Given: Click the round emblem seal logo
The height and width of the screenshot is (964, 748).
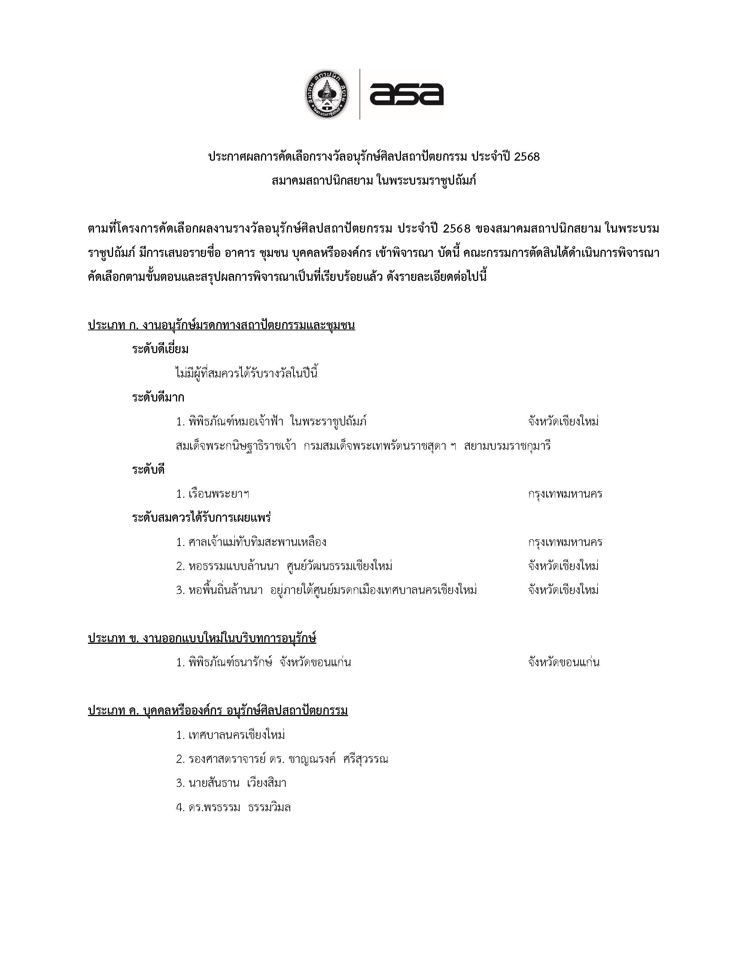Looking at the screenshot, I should (327, 94).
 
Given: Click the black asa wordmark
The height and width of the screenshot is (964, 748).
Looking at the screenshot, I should (406, 94).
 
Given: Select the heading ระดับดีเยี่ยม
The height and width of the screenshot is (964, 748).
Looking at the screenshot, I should (160, 349).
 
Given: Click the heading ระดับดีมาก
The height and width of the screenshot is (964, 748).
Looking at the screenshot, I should (158, 398).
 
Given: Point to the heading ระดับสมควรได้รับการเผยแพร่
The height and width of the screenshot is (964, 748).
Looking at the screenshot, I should (201, 518).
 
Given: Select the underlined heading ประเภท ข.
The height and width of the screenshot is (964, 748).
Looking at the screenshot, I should (202, 638).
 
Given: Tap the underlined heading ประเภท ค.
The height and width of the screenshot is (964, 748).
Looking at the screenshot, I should (218, 711).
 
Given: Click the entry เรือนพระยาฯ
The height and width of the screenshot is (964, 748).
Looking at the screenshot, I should (213, 494).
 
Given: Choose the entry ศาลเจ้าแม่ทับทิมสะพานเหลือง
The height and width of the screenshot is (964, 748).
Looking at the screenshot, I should (251, 542).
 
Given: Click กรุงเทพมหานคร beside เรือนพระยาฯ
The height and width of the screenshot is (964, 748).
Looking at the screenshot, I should (565, 494).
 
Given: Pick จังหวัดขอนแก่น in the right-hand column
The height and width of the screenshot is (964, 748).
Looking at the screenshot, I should (563, 663).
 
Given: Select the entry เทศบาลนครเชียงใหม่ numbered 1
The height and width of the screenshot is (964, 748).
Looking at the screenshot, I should (230, 735).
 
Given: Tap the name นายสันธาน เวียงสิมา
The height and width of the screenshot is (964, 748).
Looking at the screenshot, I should (231, 783).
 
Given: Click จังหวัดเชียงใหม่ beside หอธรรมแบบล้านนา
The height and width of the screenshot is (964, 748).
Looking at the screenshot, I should (563, 566).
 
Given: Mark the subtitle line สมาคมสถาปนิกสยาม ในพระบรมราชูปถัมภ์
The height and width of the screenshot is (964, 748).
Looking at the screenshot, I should (374, 181).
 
